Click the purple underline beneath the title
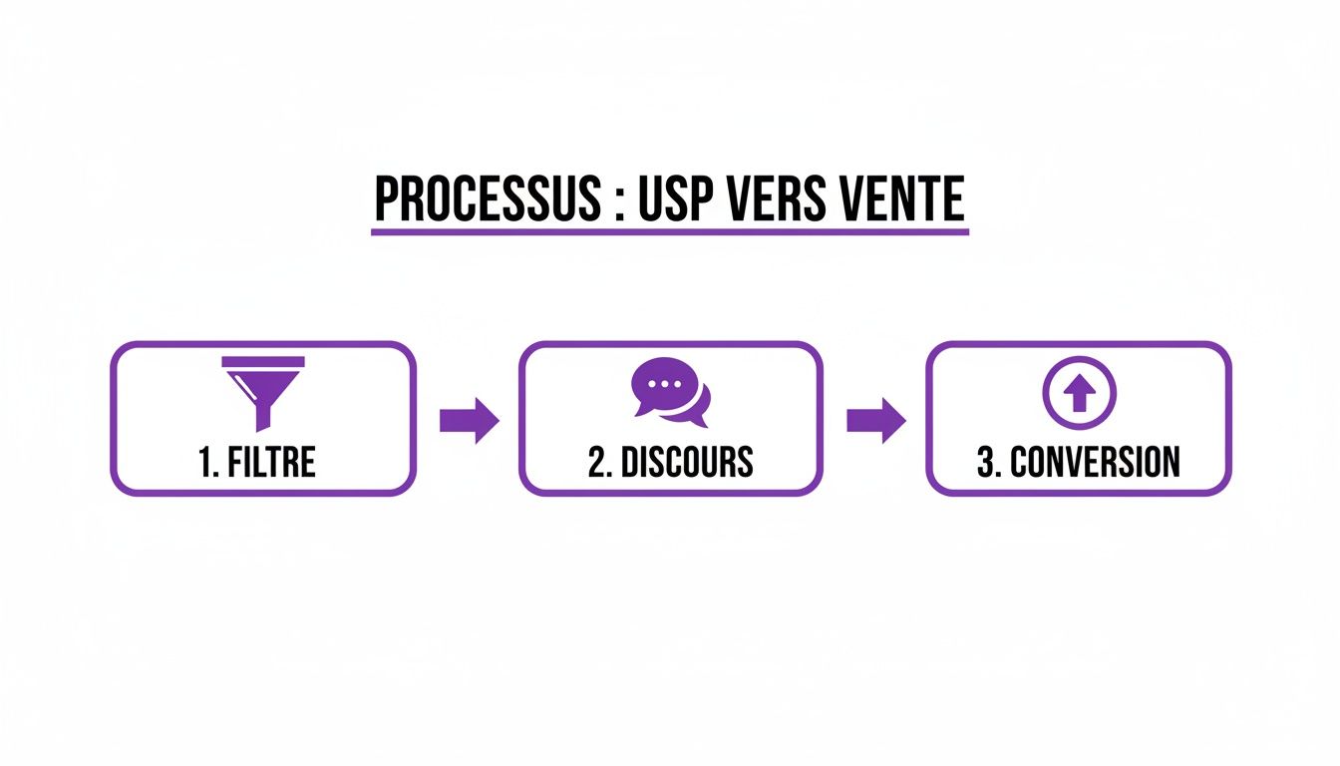[x=669, y=232]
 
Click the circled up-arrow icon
[x=1079, y=393]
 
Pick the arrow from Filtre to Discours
[x=469, y=420]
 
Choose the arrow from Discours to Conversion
[x=875, y=420]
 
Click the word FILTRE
[x=272, y=463]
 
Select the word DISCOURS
[x=687, y=463]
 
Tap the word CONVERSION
[x=1095, y=463]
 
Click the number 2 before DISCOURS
[x=595, y=463]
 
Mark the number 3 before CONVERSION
[x=985, y=463]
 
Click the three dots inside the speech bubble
[x=661, y=384]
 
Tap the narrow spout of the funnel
[x=264, y=414]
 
